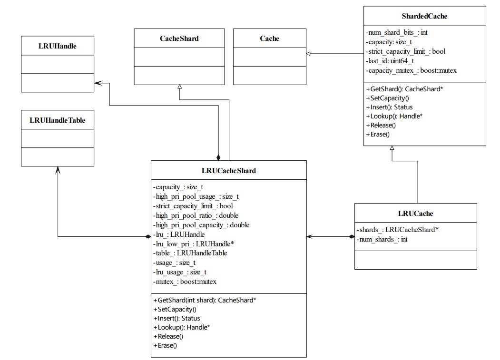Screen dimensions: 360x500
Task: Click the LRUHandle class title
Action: point(58,46)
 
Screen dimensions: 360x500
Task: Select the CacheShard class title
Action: point(179,39)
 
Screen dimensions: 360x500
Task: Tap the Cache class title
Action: point(269,39)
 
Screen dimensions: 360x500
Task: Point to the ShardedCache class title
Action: point(424,16)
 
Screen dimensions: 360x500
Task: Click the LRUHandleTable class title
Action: point(58,120)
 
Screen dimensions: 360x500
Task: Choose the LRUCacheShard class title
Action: point(228,171)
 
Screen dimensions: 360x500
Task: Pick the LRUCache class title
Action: point(415,214)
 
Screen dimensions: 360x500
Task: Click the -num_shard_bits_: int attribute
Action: point(397,33)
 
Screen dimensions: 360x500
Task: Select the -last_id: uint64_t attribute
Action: point(390,61)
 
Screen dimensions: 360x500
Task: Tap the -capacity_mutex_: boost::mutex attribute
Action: point(411,70)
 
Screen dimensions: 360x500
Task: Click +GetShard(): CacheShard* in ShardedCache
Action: point(404,89)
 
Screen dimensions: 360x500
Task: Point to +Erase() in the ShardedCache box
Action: point(378,134)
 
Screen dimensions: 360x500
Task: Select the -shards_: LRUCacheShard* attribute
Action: point(397,230)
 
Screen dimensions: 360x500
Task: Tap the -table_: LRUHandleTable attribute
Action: point(190,253)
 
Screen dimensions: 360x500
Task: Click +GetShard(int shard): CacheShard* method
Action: point(205,300)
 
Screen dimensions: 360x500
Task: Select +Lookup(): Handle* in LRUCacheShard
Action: point(182,327)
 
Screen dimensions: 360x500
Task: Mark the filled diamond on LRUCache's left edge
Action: point(352,236)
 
